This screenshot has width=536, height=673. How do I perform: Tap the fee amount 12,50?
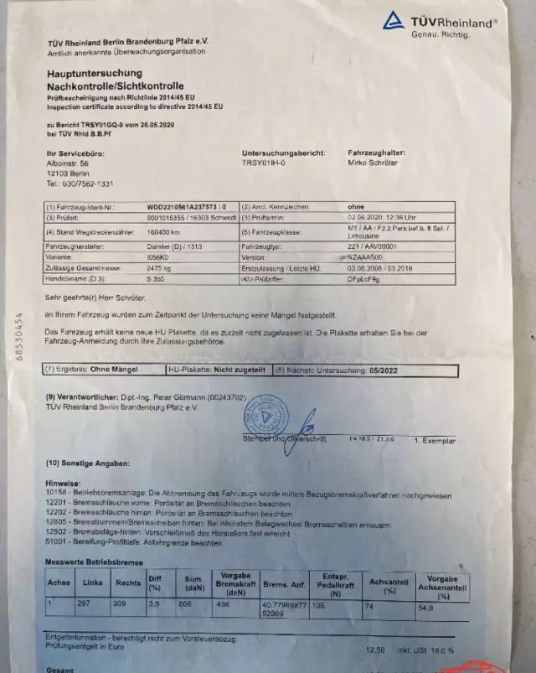pos(377,650)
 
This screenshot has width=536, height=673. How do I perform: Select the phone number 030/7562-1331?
pos(80,183)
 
